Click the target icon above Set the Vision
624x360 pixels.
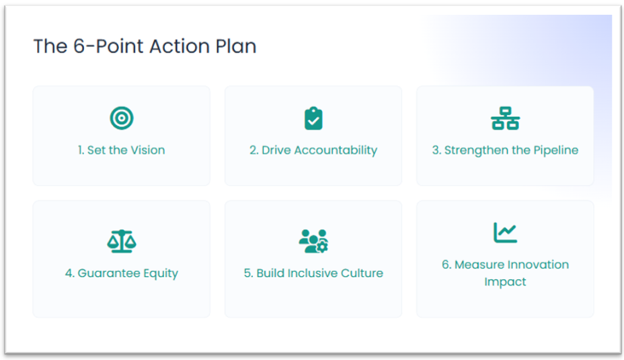(122, 118)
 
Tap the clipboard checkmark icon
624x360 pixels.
(313, 118)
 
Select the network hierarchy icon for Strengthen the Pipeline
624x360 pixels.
(505, 118)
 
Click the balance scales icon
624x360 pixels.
(122, 241)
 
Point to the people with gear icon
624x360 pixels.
(313, 241)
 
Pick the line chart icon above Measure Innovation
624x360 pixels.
(505, 233)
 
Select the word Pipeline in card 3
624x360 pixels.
(555, 151)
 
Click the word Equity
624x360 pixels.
(161, 274)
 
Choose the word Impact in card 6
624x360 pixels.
(505, 282)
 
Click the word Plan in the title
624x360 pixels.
(236, 46)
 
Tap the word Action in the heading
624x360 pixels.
(180, 46)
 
